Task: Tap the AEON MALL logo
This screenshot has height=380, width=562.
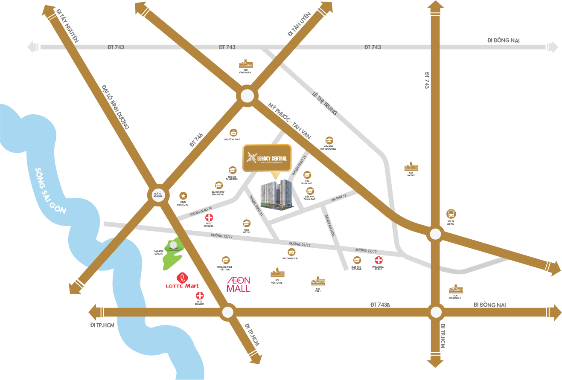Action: click(x=238, y=284)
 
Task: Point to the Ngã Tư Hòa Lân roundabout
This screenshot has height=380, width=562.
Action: click(x=158, y=195)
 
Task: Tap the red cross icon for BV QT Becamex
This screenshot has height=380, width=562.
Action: click(x=199, y=296)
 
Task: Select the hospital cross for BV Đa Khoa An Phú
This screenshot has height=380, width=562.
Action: click(x=378, y=261)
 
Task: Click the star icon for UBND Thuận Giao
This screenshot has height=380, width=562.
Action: click(x=183, y=196)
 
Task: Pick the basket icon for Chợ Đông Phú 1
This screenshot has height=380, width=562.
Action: click(x=233, y=132)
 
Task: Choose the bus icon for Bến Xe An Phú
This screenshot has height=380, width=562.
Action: click(x=451, y=213)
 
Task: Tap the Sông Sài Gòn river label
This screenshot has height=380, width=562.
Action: click(x=51, y=190)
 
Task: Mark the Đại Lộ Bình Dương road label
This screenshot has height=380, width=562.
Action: click(x=116, y=107)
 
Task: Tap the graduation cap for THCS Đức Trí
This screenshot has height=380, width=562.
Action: click(x=247, y=223)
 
